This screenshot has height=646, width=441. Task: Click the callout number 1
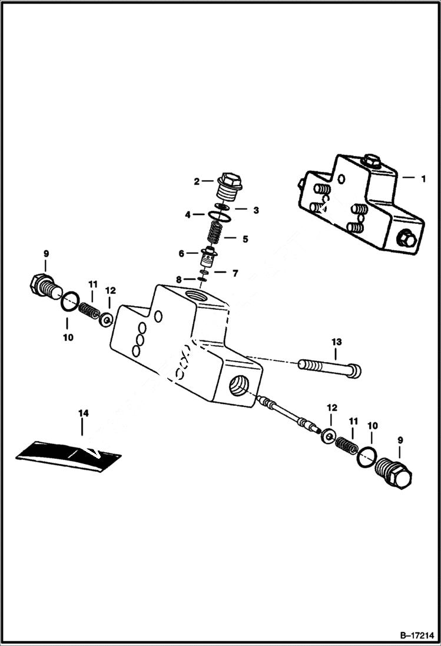(x=422, y=178)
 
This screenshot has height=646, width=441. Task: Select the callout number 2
(x=197, y=181)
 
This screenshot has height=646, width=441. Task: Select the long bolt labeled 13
(x=330, y=369)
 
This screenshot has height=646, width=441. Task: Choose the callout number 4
(x=188, y=215)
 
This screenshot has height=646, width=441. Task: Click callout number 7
(x=234, y=273)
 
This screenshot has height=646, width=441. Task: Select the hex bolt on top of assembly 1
(x=370, y=159)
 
